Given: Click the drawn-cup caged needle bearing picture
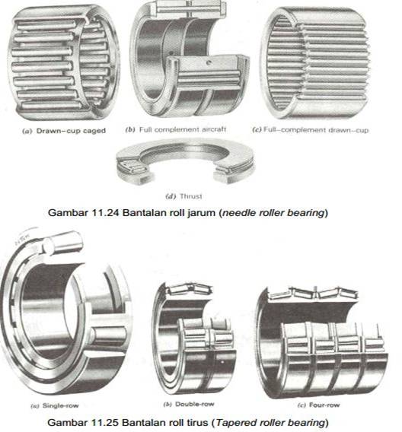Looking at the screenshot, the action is (x=63, y=63).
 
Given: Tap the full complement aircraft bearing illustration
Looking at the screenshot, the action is (x=190, y=59).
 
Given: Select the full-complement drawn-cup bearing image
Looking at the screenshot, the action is (x=315, y=63).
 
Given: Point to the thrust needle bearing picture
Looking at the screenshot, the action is (x=185, y=160).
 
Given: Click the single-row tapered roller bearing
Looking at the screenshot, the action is (x=65, y=311).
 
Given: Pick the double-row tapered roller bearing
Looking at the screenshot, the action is (x=194, y=339).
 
